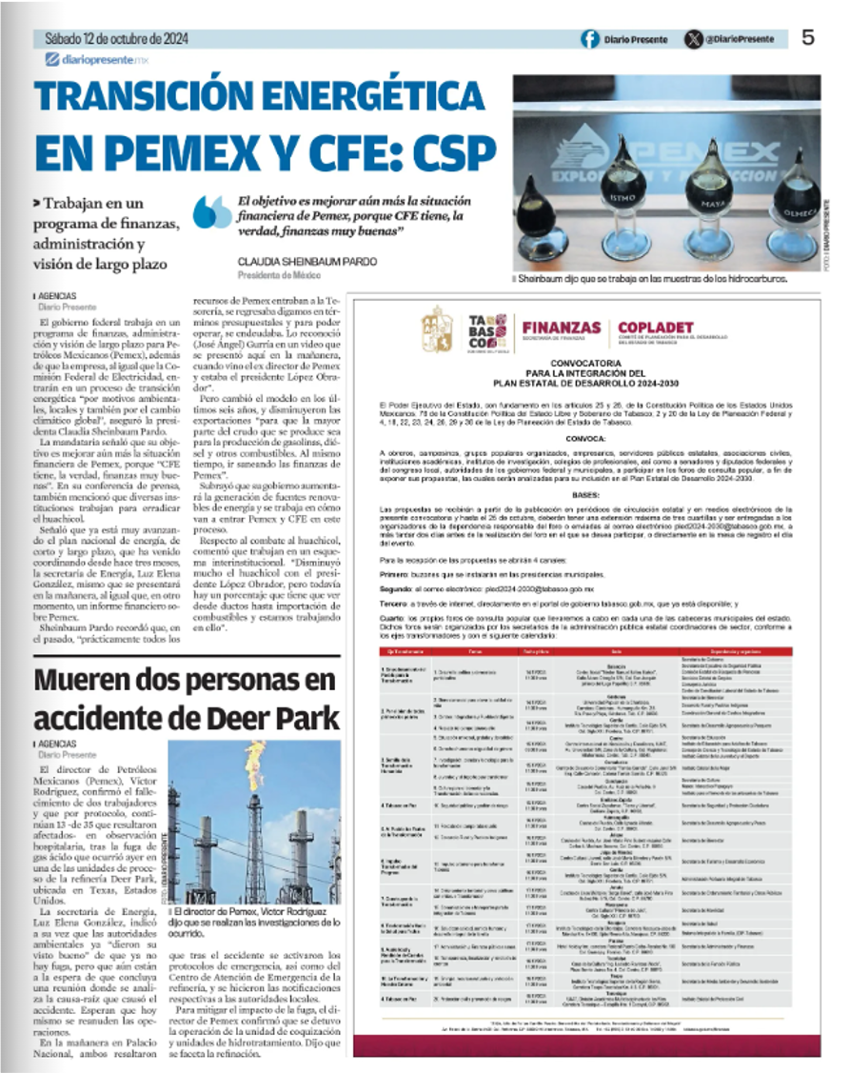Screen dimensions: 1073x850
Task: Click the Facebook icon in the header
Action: [590, 39]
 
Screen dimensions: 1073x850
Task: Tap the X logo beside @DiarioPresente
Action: [694, 39]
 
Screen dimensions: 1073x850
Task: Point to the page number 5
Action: [808, 38]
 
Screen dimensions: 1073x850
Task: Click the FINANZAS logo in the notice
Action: [561, 329]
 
